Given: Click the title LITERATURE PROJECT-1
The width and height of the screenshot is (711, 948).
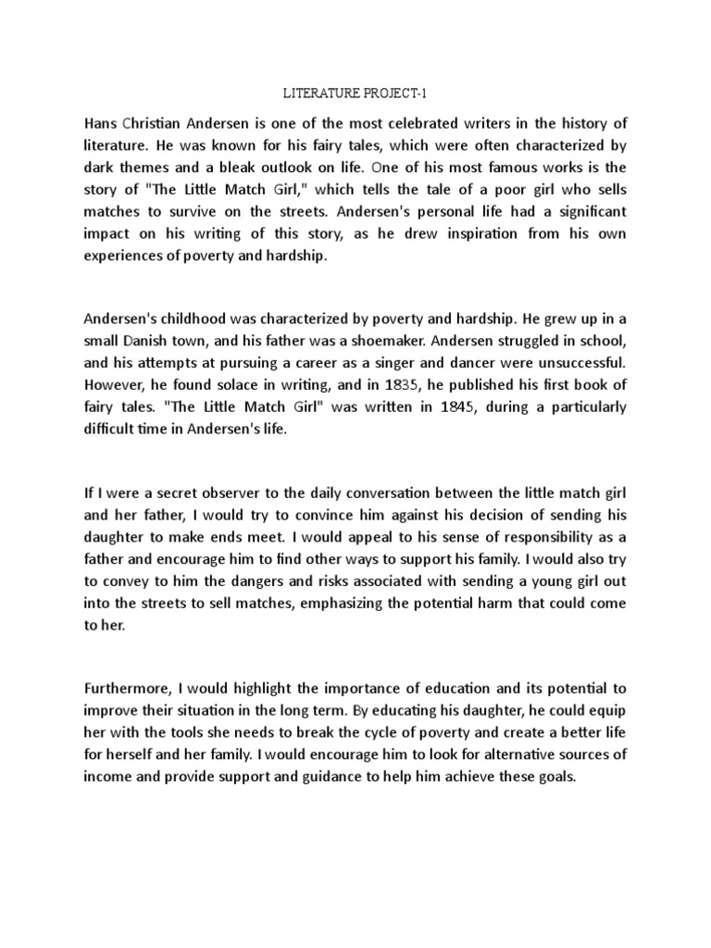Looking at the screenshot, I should point(355,94).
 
